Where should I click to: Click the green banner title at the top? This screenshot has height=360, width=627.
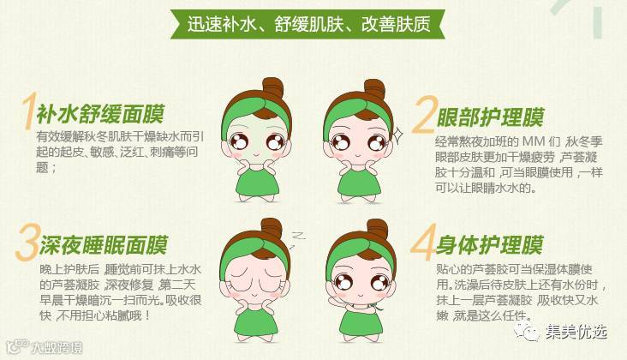(x=308, y=24)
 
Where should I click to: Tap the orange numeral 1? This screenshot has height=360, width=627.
(x=29, y=111)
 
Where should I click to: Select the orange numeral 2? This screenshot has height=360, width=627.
(x=423, y=115)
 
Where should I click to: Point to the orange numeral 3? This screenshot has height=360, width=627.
(x=27, y=243)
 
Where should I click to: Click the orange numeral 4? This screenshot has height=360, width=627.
(x=423, y=243)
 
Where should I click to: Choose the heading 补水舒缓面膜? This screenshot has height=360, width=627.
(x=101, y=114)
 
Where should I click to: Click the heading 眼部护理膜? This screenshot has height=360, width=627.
(x=491, y=117)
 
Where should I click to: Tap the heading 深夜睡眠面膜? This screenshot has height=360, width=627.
(x=103, y=245)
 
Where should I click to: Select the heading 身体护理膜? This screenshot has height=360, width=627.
(x=489, y=245)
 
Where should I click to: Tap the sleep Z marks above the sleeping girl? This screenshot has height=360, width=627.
(x=296, y=238)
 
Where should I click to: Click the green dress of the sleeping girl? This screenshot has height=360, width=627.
(x=256, y=322)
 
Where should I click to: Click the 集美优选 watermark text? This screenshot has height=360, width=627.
(x=576, y=332)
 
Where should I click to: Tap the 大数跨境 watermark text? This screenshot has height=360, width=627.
(x=57, y=347)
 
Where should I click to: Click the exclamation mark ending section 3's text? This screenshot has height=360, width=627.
(x=148, y=315)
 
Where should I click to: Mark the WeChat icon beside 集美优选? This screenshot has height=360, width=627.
(x=527, y=332)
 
